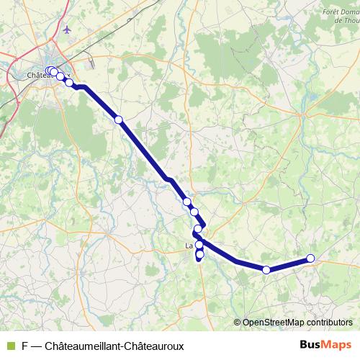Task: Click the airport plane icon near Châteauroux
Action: [x=68, y=30]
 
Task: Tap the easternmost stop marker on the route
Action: [x=310, y=258]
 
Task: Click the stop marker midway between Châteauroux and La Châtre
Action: [x=119, y=119]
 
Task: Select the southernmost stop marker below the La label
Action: [x=199, y=255]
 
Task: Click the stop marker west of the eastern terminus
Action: [x=266, y=270]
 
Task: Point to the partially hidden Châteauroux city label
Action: [x=35, y=74]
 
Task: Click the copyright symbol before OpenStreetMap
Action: [x=238, y=323]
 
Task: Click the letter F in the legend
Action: [x=24, y=346]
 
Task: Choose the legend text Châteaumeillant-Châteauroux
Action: [x=114, y=346]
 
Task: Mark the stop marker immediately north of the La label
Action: [x=198, y=229]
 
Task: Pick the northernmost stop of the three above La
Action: [x=187, y=202]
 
